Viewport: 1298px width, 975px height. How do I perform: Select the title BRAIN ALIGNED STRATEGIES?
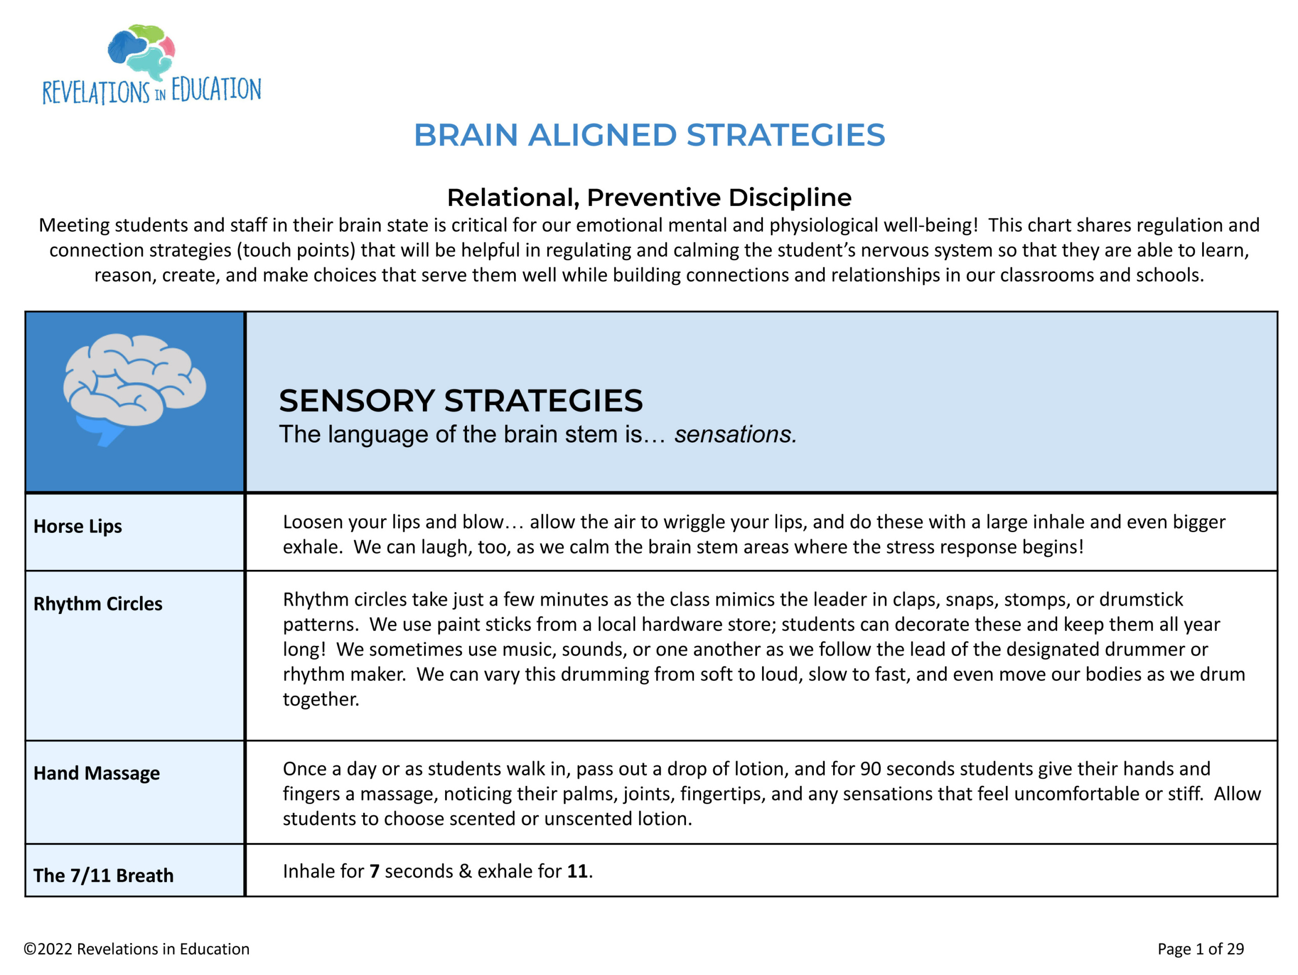click(649, 135)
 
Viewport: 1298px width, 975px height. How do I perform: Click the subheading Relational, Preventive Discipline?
click(649, 198)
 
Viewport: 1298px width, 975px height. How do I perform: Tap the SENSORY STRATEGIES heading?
click(460, 401)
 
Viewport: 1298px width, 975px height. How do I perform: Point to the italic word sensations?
click(735, 435)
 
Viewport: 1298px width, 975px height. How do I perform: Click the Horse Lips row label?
click(78, 526)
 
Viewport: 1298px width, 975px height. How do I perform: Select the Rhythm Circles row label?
click(97, 604)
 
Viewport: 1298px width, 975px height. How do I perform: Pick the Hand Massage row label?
click(96, 773)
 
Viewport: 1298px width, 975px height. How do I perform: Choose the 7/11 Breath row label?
click(103, 875)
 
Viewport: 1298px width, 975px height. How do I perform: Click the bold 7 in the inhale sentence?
click(374, 871)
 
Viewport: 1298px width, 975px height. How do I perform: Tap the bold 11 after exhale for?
click(577, 871)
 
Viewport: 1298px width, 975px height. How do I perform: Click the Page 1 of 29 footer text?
click(1200, 949)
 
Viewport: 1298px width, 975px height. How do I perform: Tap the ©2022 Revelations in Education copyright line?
click(137, 949)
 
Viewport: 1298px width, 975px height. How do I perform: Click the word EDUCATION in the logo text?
click(216, 90)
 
